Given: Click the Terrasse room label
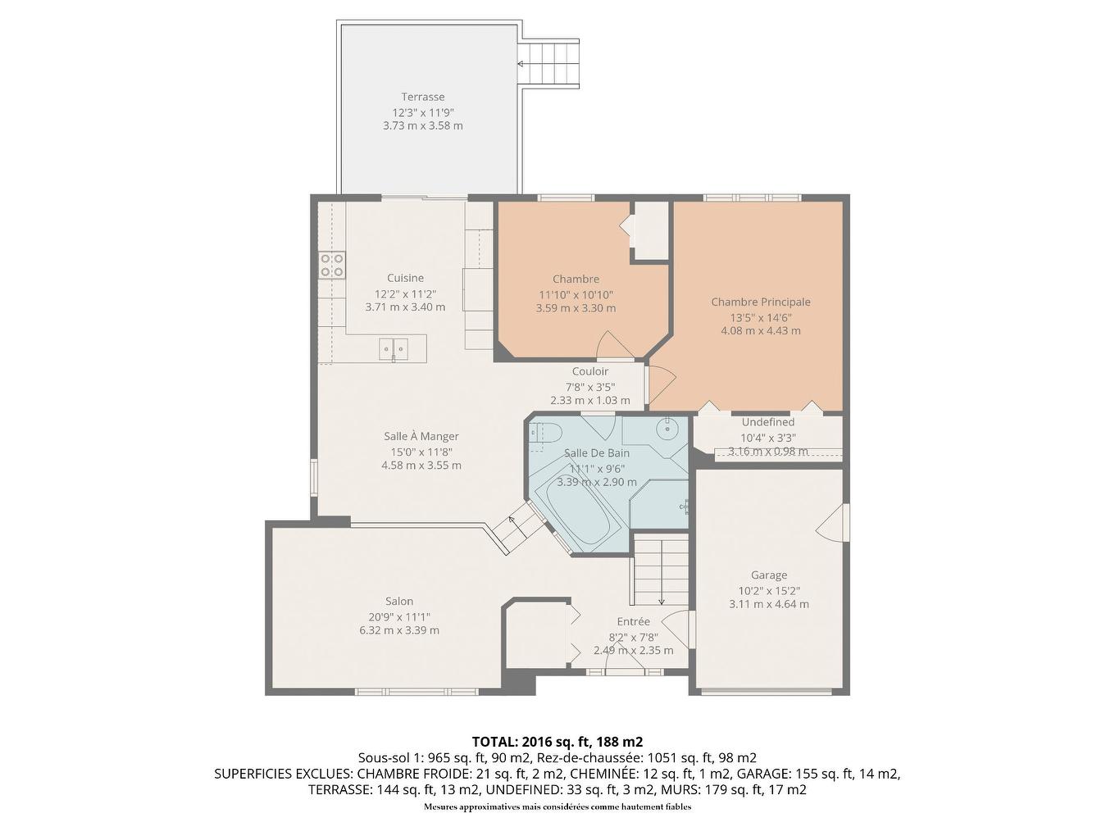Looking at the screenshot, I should click(422, 97).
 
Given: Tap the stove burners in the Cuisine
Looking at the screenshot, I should click(332, 265).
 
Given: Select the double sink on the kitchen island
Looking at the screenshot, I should click(394, 349).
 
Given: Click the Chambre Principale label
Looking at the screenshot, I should click(760, 302).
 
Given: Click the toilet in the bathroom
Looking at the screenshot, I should click(544, 434).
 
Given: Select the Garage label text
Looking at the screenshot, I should click(768, 575).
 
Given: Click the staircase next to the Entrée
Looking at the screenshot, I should click(661, 569).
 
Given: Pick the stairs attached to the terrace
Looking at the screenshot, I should click(548, 63).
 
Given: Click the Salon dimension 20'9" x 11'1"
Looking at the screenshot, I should click(399, 616).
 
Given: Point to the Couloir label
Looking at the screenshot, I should click(589, 371).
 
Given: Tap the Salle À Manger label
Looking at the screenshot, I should click(421, 436).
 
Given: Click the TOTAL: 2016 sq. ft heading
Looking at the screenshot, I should click(557, 742).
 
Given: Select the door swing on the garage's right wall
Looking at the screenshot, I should click(832, 522).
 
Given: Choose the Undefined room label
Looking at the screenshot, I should click(767, 422).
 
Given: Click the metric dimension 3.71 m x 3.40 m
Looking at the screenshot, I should click(405, 307).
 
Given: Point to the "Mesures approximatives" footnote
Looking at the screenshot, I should click(557, 807).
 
